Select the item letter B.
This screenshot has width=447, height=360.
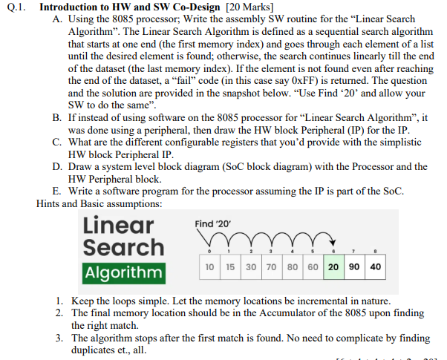tap(57, 118)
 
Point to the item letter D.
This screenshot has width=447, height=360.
tap(57, 167)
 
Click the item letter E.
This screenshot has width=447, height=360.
tap(57, 192)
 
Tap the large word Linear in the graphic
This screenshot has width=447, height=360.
tap(119, 224)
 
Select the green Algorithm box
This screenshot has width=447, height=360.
tap(124, 272)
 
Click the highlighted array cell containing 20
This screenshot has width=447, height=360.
tap(333, 266)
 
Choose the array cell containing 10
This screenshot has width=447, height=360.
tap(211, 266)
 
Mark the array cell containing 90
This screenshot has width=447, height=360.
tap(354, 266)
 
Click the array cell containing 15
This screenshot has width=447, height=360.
tap(231, 266)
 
